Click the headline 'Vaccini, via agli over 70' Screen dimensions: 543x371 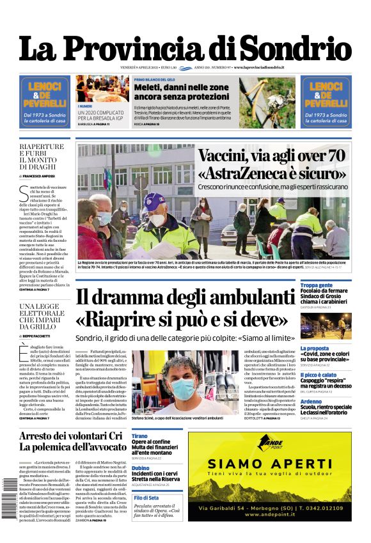tap(271, 155)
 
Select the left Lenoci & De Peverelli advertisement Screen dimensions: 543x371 tap(44, 101)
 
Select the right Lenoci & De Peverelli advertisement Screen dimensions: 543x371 tap(326, 101)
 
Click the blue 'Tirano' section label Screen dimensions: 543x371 tap(140, 436)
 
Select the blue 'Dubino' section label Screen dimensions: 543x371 tap(141, 468)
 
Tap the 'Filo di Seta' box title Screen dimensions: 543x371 tap(146, 498)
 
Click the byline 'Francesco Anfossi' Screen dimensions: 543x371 tap(40, 175)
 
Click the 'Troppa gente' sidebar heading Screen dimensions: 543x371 tap(317, 285)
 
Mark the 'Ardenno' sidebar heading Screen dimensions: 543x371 tap(313, 401)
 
